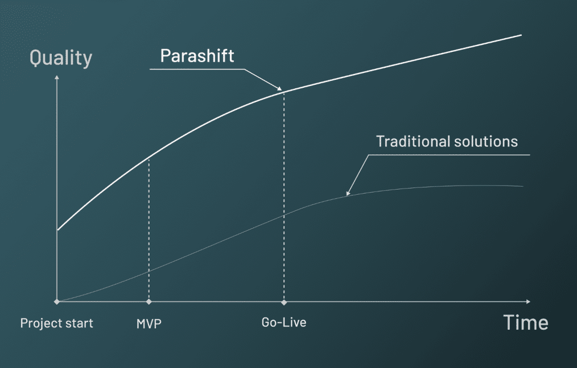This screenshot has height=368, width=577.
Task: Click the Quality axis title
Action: (x=60, y=58)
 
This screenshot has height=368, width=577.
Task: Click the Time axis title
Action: (x=526, y=323)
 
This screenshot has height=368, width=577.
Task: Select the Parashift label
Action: (x=197, y=56)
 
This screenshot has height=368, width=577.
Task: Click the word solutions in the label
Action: (x=484, y=141)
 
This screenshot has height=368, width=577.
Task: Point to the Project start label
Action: (x=56, y=323)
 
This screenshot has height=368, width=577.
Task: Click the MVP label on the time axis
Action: (x=149, y=323)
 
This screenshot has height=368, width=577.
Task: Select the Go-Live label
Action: (x=283, y=322)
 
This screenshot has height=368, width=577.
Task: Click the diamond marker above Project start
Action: (x=57, y=301)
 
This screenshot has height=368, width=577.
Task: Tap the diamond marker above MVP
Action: (x=149, y=301)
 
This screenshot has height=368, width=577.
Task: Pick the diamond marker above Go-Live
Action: (x=283, y=301)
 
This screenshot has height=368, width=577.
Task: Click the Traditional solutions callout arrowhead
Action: (x=348, y=194)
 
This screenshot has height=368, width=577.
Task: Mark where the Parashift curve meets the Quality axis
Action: (x=57, y=230)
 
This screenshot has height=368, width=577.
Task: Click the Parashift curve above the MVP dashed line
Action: (x=149, y=158)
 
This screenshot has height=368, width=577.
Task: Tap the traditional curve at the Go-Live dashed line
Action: (x=283, y=214)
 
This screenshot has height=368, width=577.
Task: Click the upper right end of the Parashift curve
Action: (x=521, y=35)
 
